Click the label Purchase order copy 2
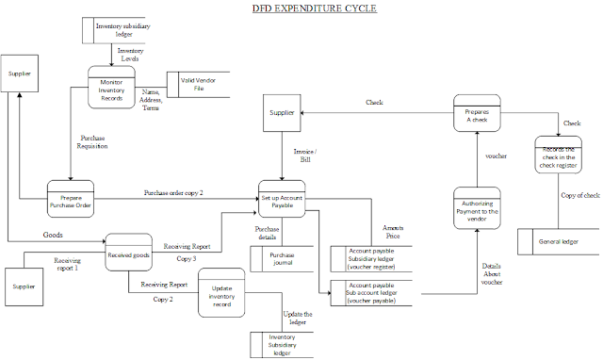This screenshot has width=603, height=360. (173, 192)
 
